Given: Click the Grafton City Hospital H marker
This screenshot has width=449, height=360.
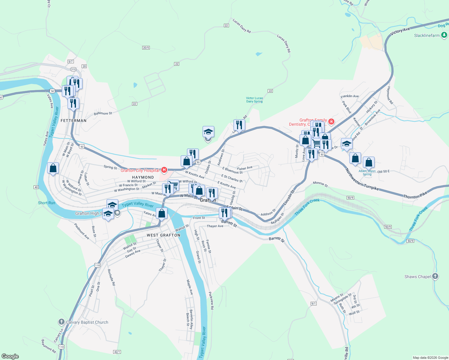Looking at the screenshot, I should tap(164, 170).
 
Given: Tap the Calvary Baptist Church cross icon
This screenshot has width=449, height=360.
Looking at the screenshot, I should tap(61, 322).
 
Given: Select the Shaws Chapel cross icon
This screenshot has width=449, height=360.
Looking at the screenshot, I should tap(435, 277).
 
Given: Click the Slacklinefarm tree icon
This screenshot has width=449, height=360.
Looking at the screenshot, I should tap(444, 35).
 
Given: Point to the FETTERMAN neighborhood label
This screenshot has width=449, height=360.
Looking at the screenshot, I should tap(74, 121).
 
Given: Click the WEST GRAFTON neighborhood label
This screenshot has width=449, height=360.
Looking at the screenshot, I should tap(164, 235).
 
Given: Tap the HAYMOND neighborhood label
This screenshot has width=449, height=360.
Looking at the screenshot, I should tap(143, 177).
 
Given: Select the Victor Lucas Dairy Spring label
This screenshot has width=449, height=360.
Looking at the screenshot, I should tap(255, 100).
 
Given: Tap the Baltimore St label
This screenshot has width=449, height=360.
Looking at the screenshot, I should tap(103, 113).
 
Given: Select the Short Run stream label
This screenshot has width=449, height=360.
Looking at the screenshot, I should tap(47, 203).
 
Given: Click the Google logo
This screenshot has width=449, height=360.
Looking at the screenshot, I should tap(10, 356).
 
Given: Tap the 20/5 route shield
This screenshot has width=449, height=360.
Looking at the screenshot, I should tap(146, 48).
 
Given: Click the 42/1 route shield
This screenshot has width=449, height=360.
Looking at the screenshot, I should tap(117, 352).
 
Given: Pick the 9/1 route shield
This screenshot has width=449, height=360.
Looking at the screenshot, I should tap(314, 304).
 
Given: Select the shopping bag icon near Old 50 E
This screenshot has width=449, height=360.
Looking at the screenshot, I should tap(369, 162).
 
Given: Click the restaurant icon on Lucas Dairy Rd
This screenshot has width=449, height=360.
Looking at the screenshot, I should tap(239, 125).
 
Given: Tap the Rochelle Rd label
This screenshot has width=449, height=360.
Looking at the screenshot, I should tap(111, 277).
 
